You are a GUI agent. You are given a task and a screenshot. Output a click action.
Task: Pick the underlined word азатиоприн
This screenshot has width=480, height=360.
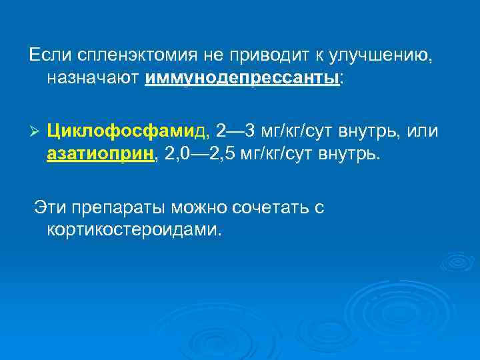(100, 154)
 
